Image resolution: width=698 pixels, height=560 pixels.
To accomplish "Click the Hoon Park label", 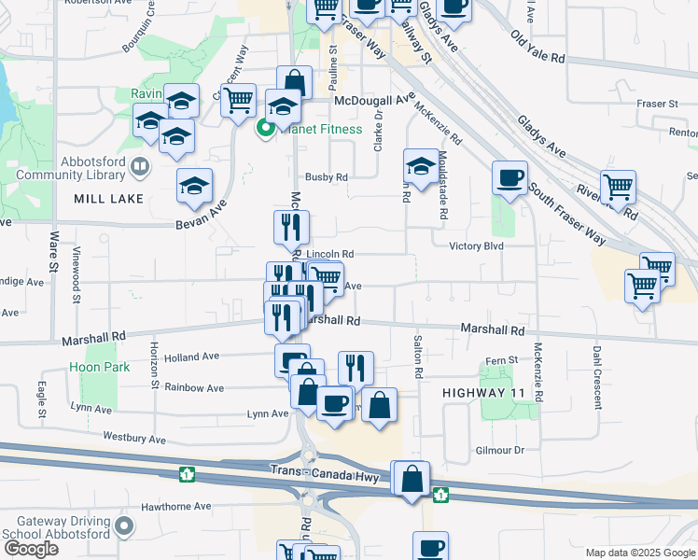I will point(99,368).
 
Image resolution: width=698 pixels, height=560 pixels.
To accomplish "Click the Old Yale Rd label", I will point(537,47).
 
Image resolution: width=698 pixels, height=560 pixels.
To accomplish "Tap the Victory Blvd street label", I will point(476,246).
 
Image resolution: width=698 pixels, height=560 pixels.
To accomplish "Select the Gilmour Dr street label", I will point(498,451).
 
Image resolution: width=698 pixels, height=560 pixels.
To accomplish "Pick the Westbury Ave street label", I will point(133,439).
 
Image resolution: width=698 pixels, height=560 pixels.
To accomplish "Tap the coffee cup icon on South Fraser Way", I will point(510,177).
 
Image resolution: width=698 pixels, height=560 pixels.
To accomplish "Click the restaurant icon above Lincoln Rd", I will point(291,227).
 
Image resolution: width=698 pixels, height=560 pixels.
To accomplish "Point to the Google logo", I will point(31,550).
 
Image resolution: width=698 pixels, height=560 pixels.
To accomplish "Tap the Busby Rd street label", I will point(327,176).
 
